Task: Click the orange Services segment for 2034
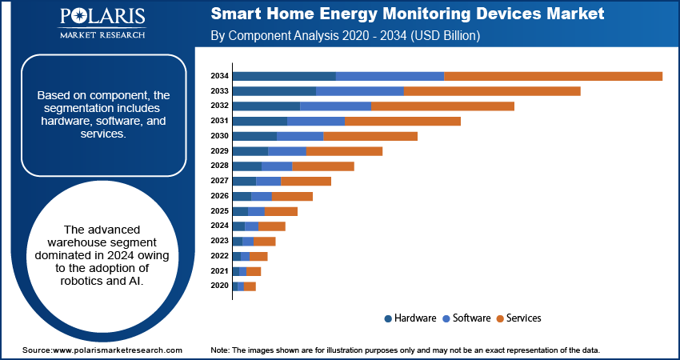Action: [x=553, y=76]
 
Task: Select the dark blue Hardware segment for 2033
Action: [x=274, y=91]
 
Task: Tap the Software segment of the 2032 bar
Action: [x=335, y=106]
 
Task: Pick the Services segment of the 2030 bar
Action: [x=370, y=136]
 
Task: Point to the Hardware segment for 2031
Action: [x=260, y=121]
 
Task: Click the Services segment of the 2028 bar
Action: [x=323, y=166]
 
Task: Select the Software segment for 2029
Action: [x=287, y=150]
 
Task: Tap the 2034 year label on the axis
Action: [x=220, y=76]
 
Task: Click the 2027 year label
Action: [x=220, y=181]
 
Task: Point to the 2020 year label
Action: [x=220, y=286]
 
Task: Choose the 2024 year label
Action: [x=220, y=226]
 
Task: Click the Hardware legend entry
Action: [x=410, y=318]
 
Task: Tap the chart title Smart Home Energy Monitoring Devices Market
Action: [x=407, y=14]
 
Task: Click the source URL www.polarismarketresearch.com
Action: [x=117, y=350]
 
